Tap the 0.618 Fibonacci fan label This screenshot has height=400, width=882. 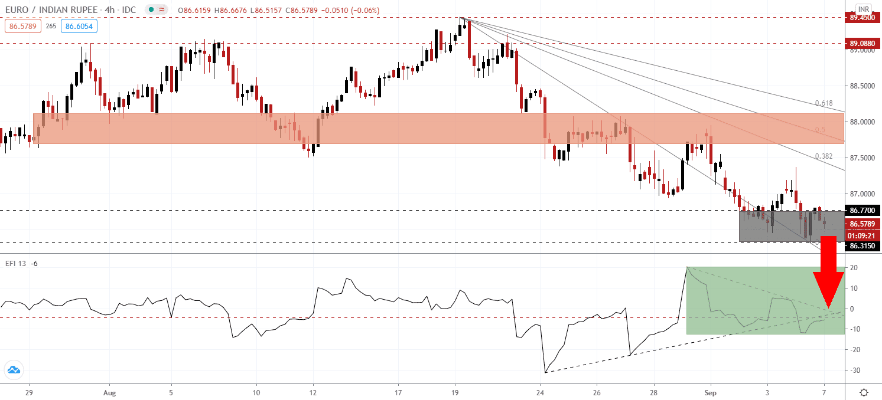pyautogui.click(x=824, y=103)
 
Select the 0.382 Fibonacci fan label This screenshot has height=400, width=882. pyautogui.click(x=824, y=156)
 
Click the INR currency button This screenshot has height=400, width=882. pyautogui.click(x=864, y=9)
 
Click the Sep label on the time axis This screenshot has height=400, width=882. pyautogui.click(x=711, y=392)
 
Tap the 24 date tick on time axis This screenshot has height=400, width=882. pyautogui.click(x=540, y=392)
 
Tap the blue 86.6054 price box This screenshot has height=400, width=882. pyautogui.click(x=81, y=26)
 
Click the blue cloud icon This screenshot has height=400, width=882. pyautogui.click(x=13, y=371)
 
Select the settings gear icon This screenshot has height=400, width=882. pyautogui.click(x=864, y=392)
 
